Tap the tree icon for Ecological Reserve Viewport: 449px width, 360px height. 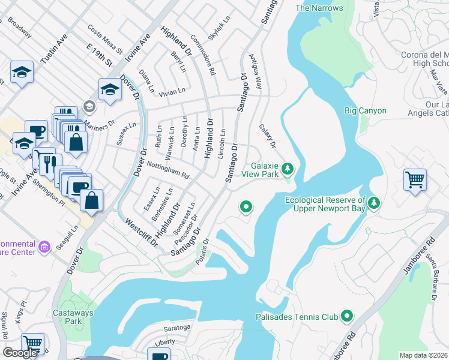pyautogui.click(x=375, y=203)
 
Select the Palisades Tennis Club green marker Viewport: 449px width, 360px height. pyautogui.click(x=346, y=316)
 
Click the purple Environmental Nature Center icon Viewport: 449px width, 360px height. pyautogui.click(x=44, y=247)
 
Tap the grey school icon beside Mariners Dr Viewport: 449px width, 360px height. pyautogui.click(x=89, y=107)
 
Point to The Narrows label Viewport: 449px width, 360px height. pyautogui.click(x=319, y=8)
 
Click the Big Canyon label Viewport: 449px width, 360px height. pyautogui.click(x=365, y=110)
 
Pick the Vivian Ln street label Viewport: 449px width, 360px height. pyautogui.click(x=172, y=91)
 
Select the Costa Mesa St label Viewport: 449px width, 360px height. pyautogui.click(x=104, y=38)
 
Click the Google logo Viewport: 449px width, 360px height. pyautogui.click(x=20, y=353)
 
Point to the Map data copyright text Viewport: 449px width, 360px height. pyautogui.click(x=423, y=355)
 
